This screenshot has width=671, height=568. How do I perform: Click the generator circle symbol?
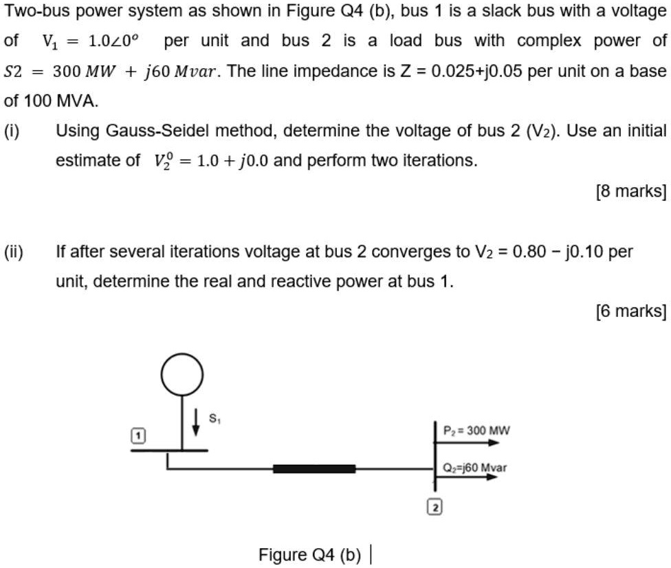pyautogui.click(x=182, y=374)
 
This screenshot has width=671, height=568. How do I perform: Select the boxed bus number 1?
pyautogui.click(x=139, y=436)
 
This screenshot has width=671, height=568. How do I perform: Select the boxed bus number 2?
pyautogui.click(x=435, y=508)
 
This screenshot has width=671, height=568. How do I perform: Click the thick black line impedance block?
pyautogui.click(x=314, y=469)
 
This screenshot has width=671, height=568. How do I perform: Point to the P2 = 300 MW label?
pyautogui.click(x=476, y=430)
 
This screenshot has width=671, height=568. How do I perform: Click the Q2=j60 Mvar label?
pyautogui.click(x=474, y=467)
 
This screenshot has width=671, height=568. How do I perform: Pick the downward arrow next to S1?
pyautogui.click(x=197, y=422)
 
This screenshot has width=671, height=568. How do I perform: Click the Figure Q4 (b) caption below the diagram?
pyautogui.click(x=310, y=554)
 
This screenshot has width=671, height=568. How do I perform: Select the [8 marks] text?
pyautogui.click(x=630, y=192)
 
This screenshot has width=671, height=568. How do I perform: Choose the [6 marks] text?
pyautogui.click(x=630, y=312)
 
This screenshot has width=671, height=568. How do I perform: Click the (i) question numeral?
pyautogui.click(x=12, y=131)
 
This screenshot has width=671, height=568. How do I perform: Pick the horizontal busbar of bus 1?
pyautogui.click(x=168, y=450)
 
